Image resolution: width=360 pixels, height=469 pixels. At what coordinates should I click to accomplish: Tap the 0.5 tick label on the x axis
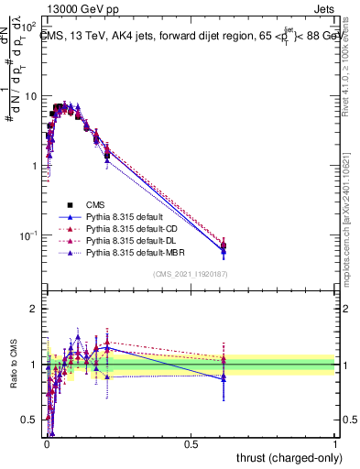(x=191, y=442)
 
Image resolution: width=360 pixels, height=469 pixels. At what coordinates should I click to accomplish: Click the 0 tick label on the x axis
(x=46, y=442)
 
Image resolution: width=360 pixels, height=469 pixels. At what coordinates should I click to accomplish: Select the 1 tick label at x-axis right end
(x=335, y=442)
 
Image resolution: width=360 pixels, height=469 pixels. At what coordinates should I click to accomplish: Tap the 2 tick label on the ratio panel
(x=35, y=309)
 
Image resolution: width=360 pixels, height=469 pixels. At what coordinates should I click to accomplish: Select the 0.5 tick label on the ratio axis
(x=29, y=420)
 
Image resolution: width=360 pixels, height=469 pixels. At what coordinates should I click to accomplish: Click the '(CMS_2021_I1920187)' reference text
(x=190, y=274)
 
